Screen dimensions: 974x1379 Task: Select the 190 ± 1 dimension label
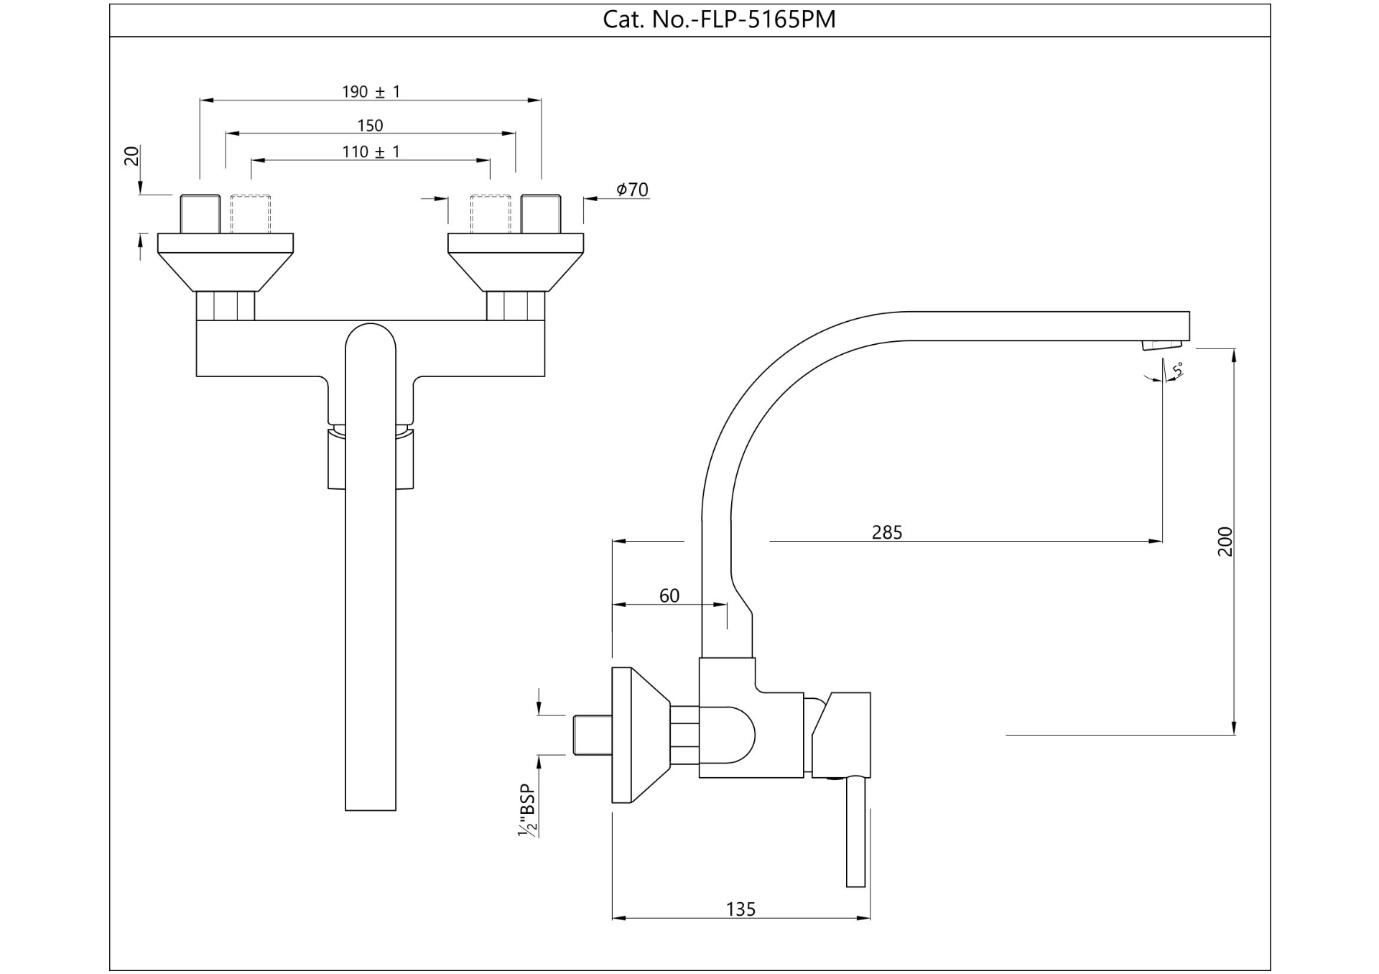(371, 92)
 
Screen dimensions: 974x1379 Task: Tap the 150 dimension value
(370, 126)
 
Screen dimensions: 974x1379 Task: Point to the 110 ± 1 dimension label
(371, 152)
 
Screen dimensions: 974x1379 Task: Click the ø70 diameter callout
(631, 190)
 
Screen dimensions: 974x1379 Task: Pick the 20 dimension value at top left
(132, 156)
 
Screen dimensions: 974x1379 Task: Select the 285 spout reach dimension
(886, 532)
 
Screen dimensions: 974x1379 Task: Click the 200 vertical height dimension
(1225, 542)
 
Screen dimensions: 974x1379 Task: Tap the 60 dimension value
(669, 595)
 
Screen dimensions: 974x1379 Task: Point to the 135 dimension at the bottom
(740, 909)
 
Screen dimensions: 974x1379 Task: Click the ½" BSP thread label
(528, 810)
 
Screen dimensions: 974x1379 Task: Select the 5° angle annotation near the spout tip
(1177, 370)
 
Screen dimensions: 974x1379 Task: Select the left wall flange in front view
(226, 261)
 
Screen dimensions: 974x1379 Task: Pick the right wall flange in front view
(516, 261)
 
